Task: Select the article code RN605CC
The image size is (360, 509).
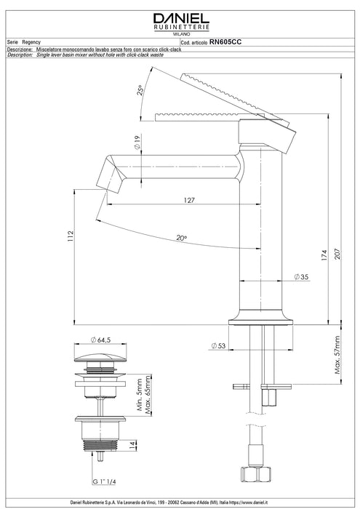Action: [x=225, y=42]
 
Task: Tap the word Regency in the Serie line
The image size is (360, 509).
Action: [x=31, y=42]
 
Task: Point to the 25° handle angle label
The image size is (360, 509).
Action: [x=140, y=90]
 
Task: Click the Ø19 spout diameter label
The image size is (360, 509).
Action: [x=137, y=143]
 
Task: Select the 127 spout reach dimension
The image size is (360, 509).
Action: [x=189, y=200]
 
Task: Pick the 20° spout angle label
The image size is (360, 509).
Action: [x=182, y=238]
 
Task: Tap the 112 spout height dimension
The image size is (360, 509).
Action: [x=71, y=236]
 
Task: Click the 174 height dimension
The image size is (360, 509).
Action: [x=324, y=256]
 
